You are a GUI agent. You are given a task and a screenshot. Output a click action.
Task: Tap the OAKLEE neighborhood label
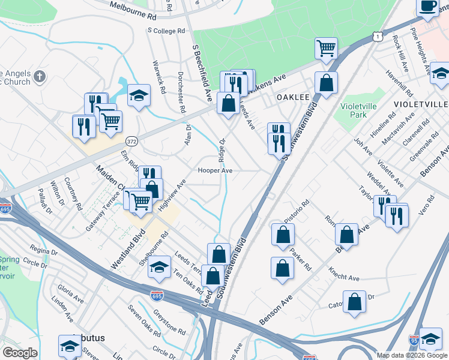coord(292,97)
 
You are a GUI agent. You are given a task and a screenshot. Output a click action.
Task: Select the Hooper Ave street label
coord(215,170)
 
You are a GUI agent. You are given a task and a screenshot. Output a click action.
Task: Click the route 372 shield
coord(132,141)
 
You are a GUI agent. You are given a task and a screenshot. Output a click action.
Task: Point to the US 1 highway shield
coord(376,37)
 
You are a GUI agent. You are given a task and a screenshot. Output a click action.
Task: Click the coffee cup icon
coord(428,7)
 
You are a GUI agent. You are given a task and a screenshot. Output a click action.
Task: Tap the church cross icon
coord(40,77)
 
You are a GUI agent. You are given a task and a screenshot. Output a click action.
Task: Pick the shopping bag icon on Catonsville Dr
coord(355,302)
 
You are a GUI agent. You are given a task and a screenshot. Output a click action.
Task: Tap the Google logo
coord(20,352)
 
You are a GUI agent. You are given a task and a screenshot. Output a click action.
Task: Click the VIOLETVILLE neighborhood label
coord(420,104)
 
